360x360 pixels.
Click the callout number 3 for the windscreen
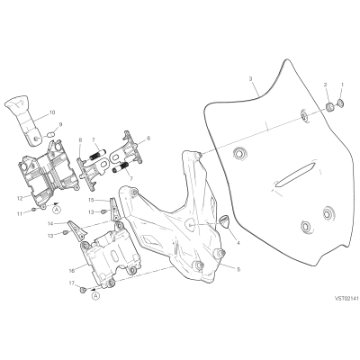[x=250, y=79]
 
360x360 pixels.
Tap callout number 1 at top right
[x=343, y=85]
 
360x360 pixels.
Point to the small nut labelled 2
[x=328, y=106]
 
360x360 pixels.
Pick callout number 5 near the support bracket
[x=238, y=269]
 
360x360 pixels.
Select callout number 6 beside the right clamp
[x=148, y=139]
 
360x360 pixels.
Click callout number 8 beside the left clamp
[x=80, y=139]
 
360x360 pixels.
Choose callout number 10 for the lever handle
[x=52, y=112]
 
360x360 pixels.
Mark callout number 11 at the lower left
[x=20, y=214]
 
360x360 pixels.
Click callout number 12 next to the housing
[x=20, y=198]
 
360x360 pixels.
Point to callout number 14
[x=50, y=223]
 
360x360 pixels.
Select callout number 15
[x=91, y=199]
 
